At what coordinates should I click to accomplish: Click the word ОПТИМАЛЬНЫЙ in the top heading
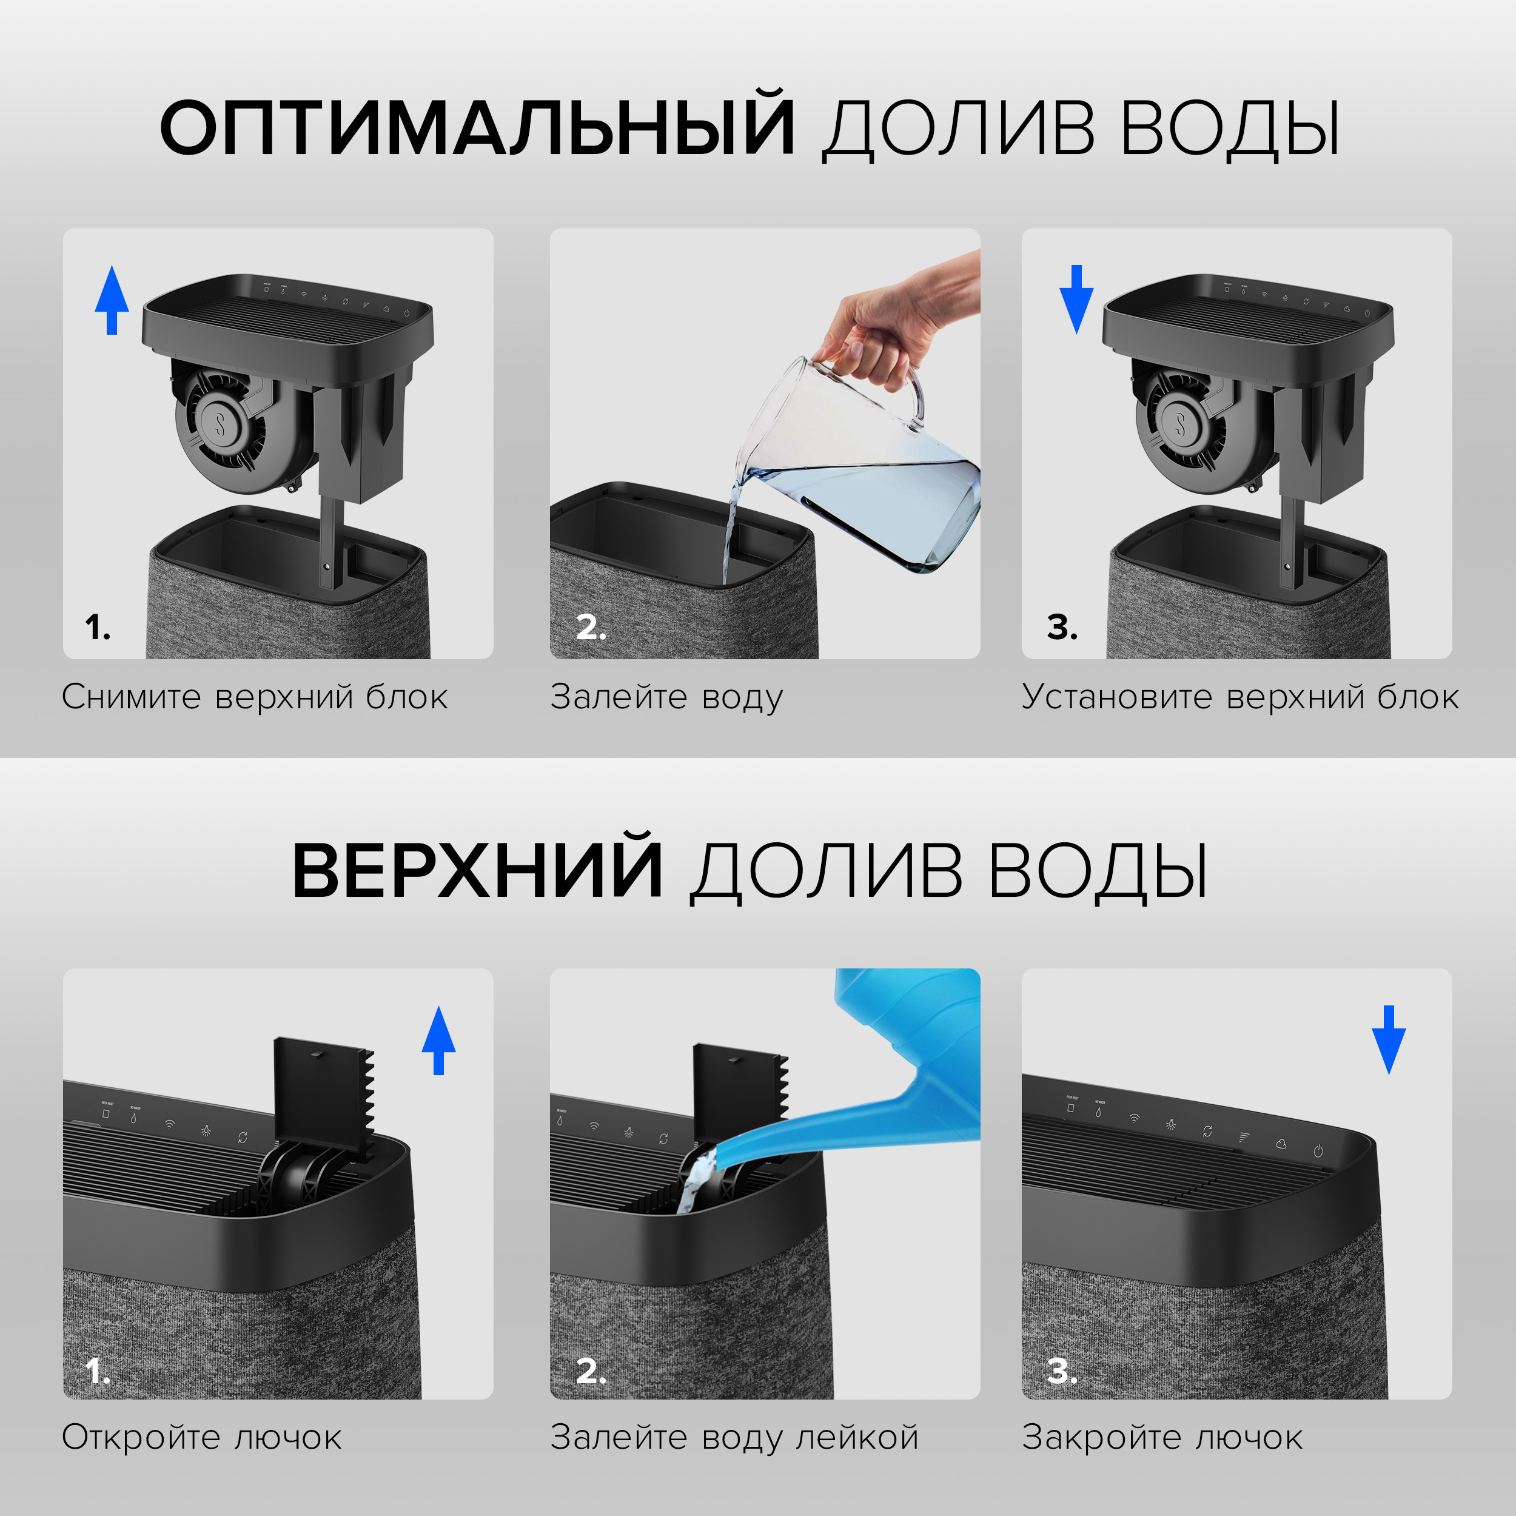click(477, 128)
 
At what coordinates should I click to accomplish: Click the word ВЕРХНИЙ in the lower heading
click(477, 871)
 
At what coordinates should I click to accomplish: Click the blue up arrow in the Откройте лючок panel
click(438, 1041)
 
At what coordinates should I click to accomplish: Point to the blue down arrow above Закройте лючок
click(1388, 1041)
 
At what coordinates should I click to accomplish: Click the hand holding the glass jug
click(887, 329)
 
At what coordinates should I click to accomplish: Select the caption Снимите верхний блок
click(255, 697)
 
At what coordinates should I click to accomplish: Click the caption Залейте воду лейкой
click(734, 1438)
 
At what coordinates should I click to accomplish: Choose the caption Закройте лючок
click(1162, 1438)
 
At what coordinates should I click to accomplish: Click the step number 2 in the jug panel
click(590, 627)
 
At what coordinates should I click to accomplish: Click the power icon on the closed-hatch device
click(1318, 1151)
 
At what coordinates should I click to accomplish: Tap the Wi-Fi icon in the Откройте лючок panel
click(170, 1124)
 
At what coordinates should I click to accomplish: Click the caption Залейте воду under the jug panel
click(666, 697)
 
